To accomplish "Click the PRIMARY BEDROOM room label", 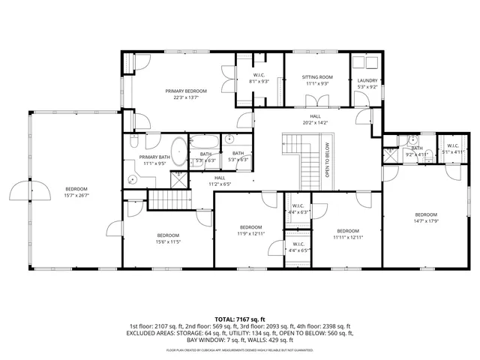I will (x=186, y=91).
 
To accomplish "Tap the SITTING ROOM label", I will (x=317, y=76).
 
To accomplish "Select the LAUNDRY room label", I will (x=367, y=80).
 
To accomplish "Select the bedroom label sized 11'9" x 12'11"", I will (x=250, y=227).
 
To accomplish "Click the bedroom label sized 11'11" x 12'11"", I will (x=349, y=230).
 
